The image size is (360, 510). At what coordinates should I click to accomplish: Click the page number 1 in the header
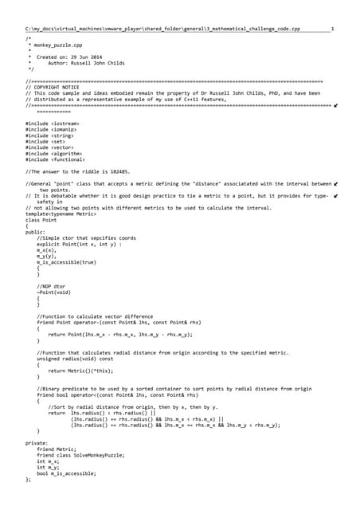pos(332,29)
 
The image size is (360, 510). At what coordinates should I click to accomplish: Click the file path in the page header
pos(162,29)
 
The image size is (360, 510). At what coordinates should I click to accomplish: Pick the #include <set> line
pos(44,139)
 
